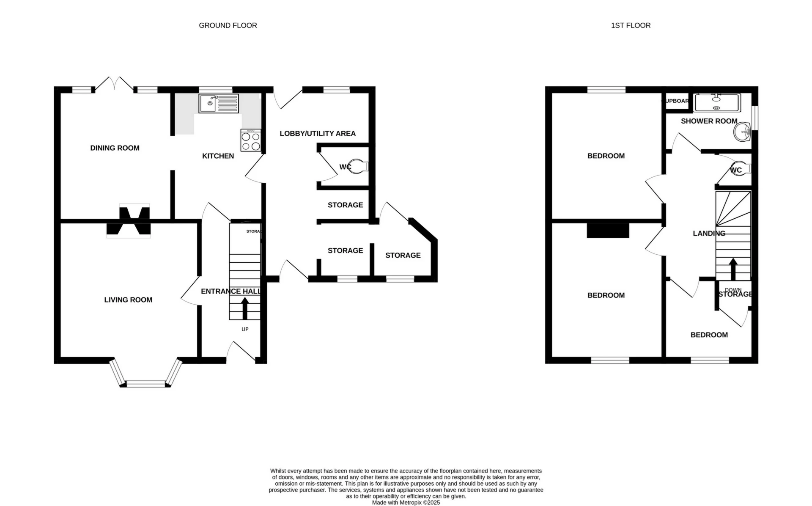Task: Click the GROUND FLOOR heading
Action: click(x=228, y=25)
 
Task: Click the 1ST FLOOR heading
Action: click(x=631, y=25)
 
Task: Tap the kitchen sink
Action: click(x=219, y=103)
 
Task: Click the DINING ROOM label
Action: click(x=115, y=148)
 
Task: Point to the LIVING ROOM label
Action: click(x=128, y=300)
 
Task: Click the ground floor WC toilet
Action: click(x=359, y=166)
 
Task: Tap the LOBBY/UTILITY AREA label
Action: click(x=318, y=134)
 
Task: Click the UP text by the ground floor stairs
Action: click(x=245, y=329)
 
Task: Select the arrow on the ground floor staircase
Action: click(x=245, y=308)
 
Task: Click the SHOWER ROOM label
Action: click(x=709, y=121)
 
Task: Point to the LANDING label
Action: click(x=709, y=234)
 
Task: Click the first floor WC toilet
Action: click(x=742, y=168)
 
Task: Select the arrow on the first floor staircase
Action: click(x=733, y=268)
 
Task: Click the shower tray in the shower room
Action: click(x=717, y=103)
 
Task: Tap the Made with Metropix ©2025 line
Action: click(x=406, y=503)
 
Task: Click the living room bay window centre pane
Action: click(x=146, y=384)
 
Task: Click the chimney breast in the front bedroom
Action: click(x=608, y=231)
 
